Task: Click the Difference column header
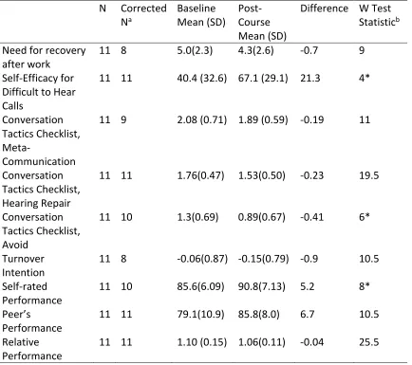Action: (324, 9)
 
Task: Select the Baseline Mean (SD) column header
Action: (201, 15)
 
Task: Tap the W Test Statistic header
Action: (379, 15)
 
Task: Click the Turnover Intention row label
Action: (24, 265)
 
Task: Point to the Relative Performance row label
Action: (32, 349)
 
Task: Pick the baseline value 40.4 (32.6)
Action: (202, 78)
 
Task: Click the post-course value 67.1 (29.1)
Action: (263, 78)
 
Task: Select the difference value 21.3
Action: (310, 78)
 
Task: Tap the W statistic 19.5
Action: (368, 175)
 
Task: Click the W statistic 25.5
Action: (368, 342)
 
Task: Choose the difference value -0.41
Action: (311, 217)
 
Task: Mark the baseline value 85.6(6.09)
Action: (200, 286)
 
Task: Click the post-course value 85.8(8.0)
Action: (259, 315)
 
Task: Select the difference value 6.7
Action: (307, 315)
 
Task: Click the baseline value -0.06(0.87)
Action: (202, 259)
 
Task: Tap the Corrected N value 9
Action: (123, 119)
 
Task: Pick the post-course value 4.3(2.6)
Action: (255, 50)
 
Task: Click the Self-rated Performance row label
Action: (32, 293)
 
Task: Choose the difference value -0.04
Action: (311, 342)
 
